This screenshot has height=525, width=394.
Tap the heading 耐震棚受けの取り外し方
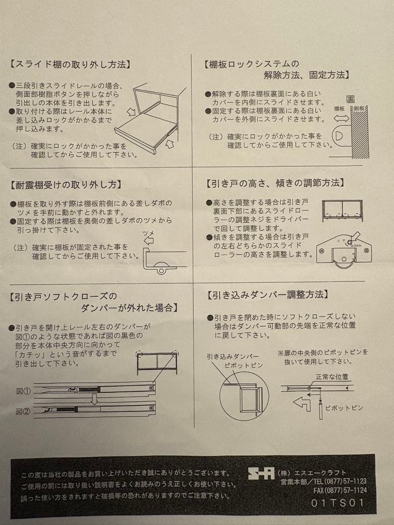66,185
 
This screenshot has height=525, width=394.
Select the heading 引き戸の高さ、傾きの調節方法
275,183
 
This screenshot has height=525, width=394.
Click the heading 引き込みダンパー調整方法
267,295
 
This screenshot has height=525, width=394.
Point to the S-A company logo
261,473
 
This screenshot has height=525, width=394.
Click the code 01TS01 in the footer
338,503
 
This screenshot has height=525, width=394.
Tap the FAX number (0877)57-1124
340,490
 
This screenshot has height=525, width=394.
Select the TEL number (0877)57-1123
341,481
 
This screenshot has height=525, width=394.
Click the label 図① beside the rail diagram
23,391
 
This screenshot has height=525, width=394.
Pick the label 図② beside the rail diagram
23,412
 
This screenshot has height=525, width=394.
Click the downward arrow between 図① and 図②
95,399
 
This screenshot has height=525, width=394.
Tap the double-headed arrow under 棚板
341,118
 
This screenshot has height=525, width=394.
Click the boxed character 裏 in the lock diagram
350,100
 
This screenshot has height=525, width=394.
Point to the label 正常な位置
332,377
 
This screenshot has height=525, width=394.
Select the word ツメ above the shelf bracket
148,233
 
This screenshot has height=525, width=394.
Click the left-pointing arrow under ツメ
148,241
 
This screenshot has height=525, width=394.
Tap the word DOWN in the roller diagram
356,245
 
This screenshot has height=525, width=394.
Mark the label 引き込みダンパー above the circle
233,357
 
